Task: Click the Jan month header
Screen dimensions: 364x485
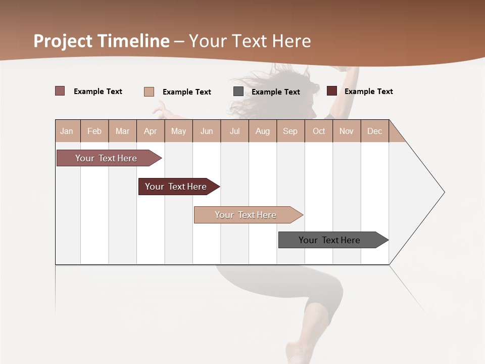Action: click(67, 131)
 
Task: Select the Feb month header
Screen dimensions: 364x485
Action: click(94, 131)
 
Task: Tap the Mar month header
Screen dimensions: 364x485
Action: click(122, 131)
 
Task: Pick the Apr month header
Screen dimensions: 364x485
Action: click(151, 131)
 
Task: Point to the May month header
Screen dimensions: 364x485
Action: click(178, 131)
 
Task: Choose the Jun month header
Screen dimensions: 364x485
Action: click(207, 131)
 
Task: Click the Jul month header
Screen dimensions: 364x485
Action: click(234, 131)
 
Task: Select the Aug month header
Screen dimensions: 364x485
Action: click(263, 131)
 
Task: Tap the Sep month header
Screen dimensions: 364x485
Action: click(290, 131)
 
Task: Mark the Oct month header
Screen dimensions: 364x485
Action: click(319, 131)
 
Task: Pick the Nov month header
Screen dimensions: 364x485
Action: click(347, 131)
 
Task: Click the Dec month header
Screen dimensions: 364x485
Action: click(375, 131)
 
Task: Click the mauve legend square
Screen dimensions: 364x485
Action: click(60, 91)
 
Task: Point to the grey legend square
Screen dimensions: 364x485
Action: click(238, 92)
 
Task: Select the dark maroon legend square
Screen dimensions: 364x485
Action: click(332, 91)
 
